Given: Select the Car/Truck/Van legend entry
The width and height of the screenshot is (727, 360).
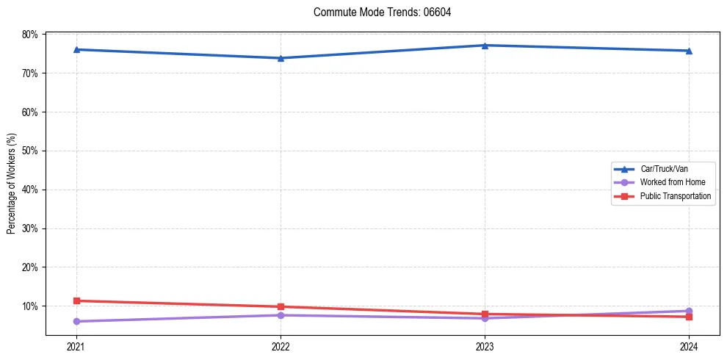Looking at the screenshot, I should [664, 169].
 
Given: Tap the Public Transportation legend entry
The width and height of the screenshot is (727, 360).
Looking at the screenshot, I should [675, 196].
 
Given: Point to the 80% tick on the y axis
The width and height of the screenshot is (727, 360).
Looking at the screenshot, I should [30, 35].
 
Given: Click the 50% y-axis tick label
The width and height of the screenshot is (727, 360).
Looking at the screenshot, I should [30, 151].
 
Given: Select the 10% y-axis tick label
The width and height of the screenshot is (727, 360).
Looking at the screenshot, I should [30, 306].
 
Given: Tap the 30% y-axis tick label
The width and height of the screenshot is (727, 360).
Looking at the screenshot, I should [30, 228].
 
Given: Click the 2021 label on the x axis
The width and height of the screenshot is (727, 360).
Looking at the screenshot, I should [76, 346].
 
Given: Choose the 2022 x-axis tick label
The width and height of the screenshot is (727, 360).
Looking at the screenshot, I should [281, 346].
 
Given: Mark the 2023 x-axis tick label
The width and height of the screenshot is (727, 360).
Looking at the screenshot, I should [485, 346].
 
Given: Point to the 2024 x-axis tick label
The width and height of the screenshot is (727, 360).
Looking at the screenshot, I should [689, 346].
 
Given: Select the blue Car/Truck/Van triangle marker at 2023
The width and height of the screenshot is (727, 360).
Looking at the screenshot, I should [485, 46].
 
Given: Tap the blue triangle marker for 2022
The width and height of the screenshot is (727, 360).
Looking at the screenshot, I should [281, 58].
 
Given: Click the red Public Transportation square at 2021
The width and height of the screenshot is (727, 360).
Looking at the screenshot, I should [76, 300].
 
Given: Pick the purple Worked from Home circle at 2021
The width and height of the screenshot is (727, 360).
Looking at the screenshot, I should [76, 321].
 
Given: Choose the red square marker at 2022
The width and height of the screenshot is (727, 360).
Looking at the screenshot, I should [281, 306].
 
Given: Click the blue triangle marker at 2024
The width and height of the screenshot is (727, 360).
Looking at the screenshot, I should [689, 51].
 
